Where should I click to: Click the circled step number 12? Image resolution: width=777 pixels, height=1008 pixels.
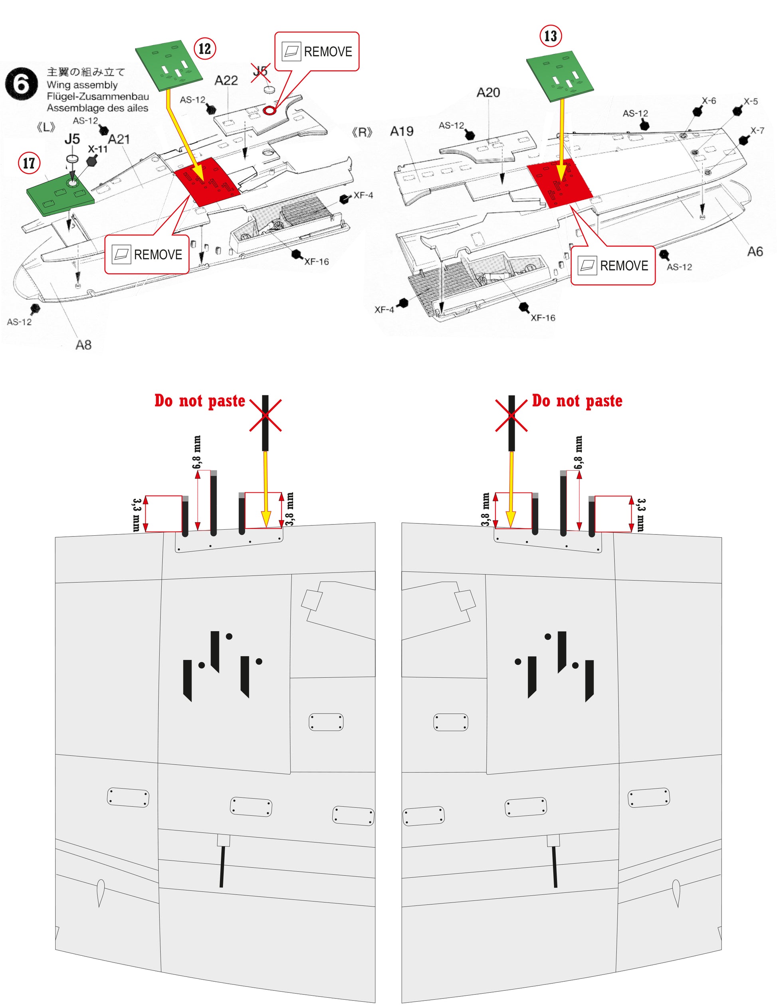coord(205,48)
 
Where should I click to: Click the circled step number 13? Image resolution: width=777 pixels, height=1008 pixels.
coord(551,36)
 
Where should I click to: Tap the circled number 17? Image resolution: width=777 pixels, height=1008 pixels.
coord(29,163)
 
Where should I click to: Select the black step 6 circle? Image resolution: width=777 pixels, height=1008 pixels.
coord(21,83)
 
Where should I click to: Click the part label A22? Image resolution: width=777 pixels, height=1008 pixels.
coord(226,81)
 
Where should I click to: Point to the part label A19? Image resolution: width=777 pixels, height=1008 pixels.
coord(401,132)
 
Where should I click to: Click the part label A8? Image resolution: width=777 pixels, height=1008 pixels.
coord(83,345)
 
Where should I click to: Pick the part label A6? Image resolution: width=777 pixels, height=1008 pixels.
coord(755,252)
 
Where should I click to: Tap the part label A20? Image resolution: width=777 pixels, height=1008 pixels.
coord(488,93)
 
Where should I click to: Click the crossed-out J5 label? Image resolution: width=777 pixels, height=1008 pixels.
coord(260,72)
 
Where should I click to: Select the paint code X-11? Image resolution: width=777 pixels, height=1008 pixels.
coord(97,149)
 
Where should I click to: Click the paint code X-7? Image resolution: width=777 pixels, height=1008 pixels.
coord(757,130)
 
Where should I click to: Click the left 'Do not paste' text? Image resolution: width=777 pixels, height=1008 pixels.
coord(200,400)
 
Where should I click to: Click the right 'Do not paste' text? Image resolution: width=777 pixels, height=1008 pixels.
coord(577,400)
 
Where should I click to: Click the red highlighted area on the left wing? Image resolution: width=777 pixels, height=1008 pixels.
coord(207,181)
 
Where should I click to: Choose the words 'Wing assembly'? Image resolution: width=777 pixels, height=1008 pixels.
coord(82,85)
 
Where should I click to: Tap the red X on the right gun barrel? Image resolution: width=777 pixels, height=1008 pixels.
coord(511,415)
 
